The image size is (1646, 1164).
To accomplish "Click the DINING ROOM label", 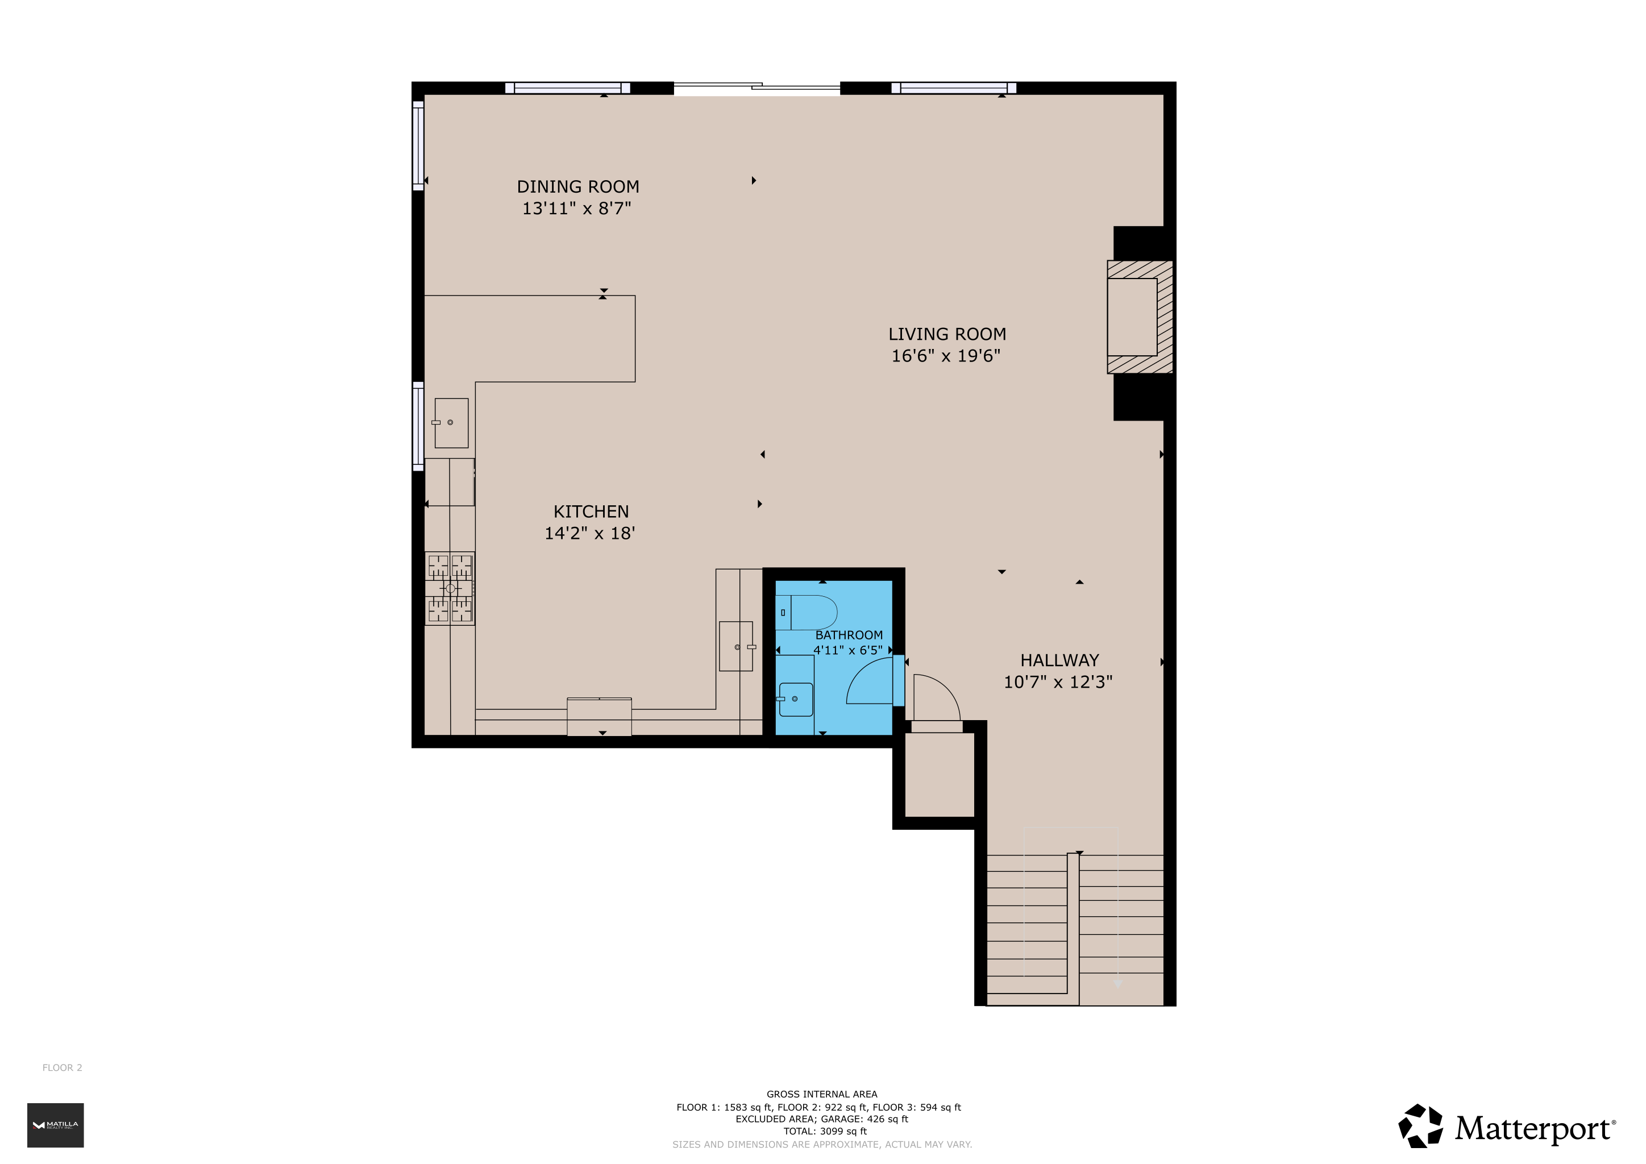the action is click(x=578, y=187).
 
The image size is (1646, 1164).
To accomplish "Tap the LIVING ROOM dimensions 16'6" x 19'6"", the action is click(x=946, y=355).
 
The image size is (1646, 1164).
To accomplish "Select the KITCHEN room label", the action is click(x=591, y=512).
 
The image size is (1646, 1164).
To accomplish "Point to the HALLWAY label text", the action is click(x=1059, y=660).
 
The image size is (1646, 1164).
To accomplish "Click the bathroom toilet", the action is click(x=806, y=612).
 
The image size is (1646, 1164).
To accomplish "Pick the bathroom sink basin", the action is click(x=796, y=699).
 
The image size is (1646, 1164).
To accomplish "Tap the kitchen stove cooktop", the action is click(x=450, y=588).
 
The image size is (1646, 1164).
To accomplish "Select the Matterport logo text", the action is click(x=1534, y=1129).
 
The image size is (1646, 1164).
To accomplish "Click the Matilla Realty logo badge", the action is click(x=55, y=1125).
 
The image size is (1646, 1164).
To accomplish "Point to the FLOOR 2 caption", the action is click(x=63, y=1067).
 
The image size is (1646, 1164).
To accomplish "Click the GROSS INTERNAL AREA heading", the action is click(x=821, y=1094).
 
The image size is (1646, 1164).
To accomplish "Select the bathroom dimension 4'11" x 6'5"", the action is click(x=847, y=650).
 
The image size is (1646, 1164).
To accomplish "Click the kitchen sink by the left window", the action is click(x=451, y=423).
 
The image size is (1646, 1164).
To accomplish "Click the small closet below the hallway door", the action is click(x=939, y=774).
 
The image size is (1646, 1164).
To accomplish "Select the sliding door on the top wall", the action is click(x=757, y=88).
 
